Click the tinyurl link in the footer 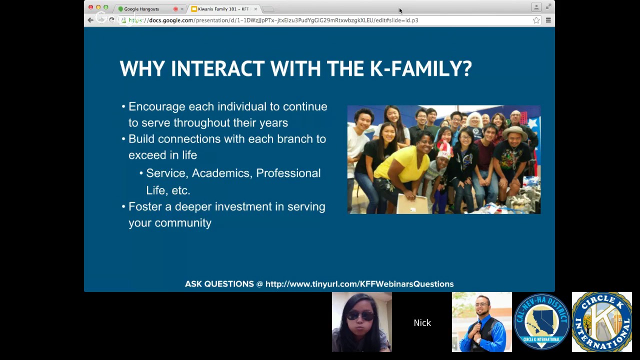point(359,284)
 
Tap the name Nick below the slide point(422,323)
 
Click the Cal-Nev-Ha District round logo point(541,322)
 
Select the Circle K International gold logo point(601,322)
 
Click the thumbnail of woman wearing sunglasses point(361,322)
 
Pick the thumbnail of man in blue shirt point(481,322)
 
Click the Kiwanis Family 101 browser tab point(223,9)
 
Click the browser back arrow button point(90,20)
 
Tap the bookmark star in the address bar point(536,20)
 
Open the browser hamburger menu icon point(548,20)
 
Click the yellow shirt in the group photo point(403,164)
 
